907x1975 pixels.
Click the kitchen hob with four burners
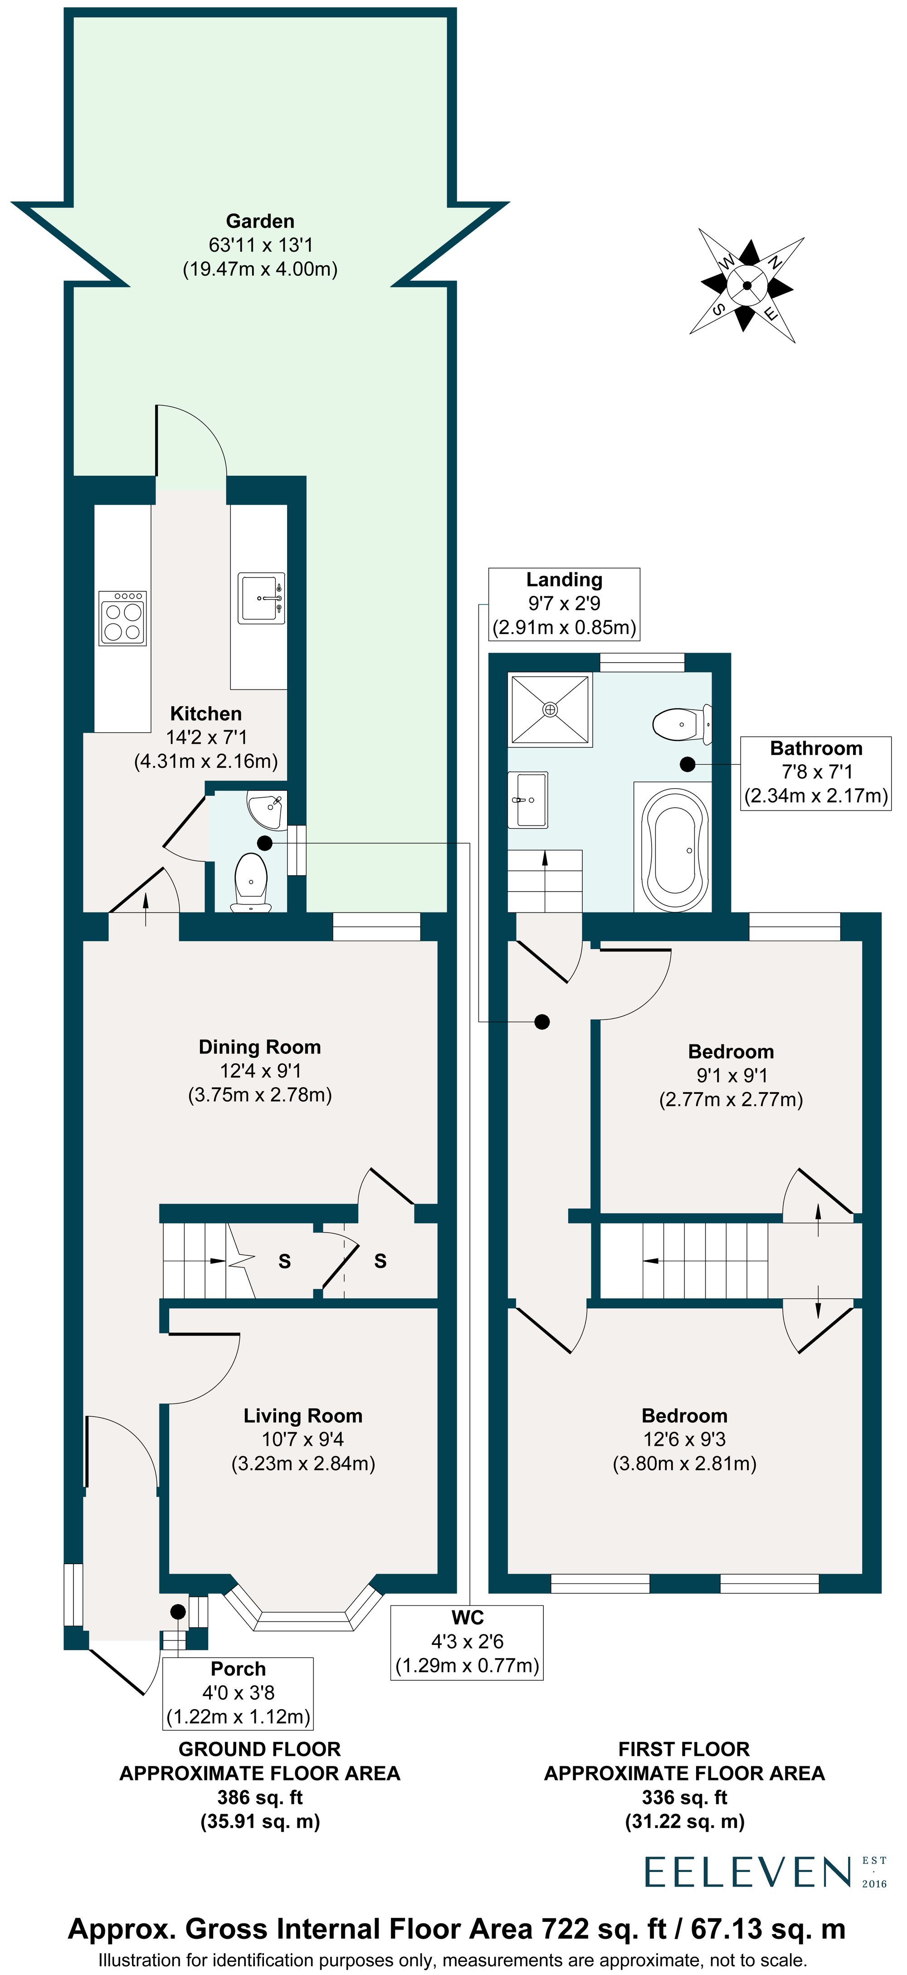click(122, 617)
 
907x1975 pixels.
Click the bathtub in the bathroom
click(673, 849)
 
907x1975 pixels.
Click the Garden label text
click(260, 222)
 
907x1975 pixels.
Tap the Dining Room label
click(260, 1047)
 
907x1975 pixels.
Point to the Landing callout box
click(564, 604)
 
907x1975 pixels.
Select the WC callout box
click(467, 1642)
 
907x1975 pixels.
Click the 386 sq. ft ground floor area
click(260, 1797)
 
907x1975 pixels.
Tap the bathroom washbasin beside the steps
click(528, 800)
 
